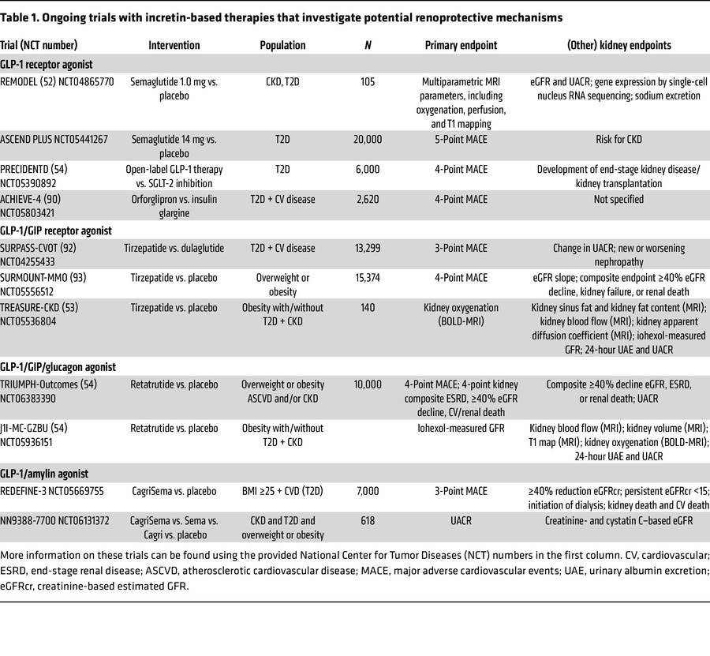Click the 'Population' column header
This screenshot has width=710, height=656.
click(x=282, y=46)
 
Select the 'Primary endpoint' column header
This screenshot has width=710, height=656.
click(x=461, y=46)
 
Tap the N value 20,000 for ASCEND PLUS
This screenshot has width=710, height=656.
click(x=368, y=139)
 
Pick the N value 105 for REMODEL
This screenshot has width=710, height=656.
click(x=368, y=81)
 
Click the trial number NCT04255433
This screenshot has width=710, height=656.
click(x=36, y=261)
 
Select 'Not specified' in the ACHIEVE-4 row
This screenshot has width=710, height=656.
click(x=618, y=200)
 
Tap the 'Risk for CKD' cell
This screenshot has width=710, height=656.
click(x=618, y=139)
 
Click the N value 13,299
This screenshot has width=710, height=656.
click(x=368, y=248)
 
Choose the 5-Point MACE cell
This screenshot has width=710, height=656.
click(x=461, y=139)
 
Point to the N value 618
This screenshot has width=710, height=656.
click(x=368, y=521)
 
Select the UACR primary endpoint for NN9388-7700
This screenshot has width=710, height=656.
click(x=461, y=521)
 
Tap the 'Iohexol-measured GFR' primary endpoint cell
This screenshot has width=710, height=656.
click(x=461, y=429)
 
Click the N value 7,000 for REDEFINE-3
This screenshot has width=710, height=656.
click(x=368, y=491)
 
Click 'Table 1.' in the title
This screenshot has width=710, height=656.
click(x=24, y=17)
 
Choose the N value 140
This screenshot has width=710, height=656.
click(x=368, y=308)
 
